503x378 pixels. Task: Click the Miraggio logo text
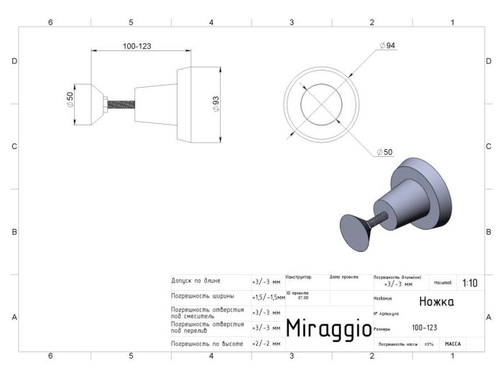point(328,328)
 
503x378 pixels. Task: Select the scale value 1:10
point(469,283)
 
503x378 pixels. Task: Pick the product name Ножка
point(436,302)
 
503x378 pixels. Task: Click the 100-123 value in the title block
point(424,328)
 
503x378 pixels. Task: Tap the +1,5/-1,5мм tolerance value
point(268,297)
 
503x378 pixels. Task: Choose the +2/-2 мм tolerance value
point(266,344)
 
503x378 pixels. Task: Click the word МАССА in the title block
point(453,344)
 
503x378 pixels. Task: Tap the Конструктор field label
point(298,276)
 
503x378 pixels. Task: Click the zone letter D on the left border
point(14,61)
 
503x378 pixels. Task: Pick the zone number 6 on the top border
point(50,22)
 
